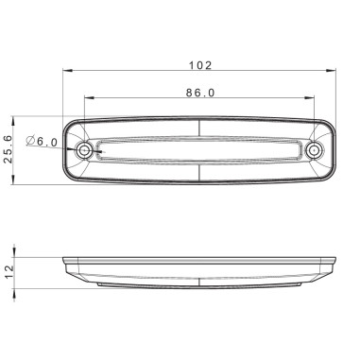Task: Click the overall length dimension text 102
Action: click(200, 65)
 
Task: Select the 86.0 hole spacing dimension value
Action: click(200, 93)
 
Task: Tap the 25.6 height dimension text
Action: click(9, 149)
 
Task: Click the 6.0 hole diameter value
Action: click(50, 141)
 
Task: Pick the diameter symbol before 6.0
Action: click(31, 141)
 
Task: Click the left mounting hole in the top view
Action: click(85, 150)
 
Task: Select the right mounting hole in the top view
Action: click(314, 150)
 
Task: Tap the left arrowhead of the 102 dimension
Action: click(66, 72)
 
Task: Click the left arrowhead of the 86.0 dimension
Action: click(88, 98)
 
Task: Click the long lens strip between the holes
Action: click(199, 150)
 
